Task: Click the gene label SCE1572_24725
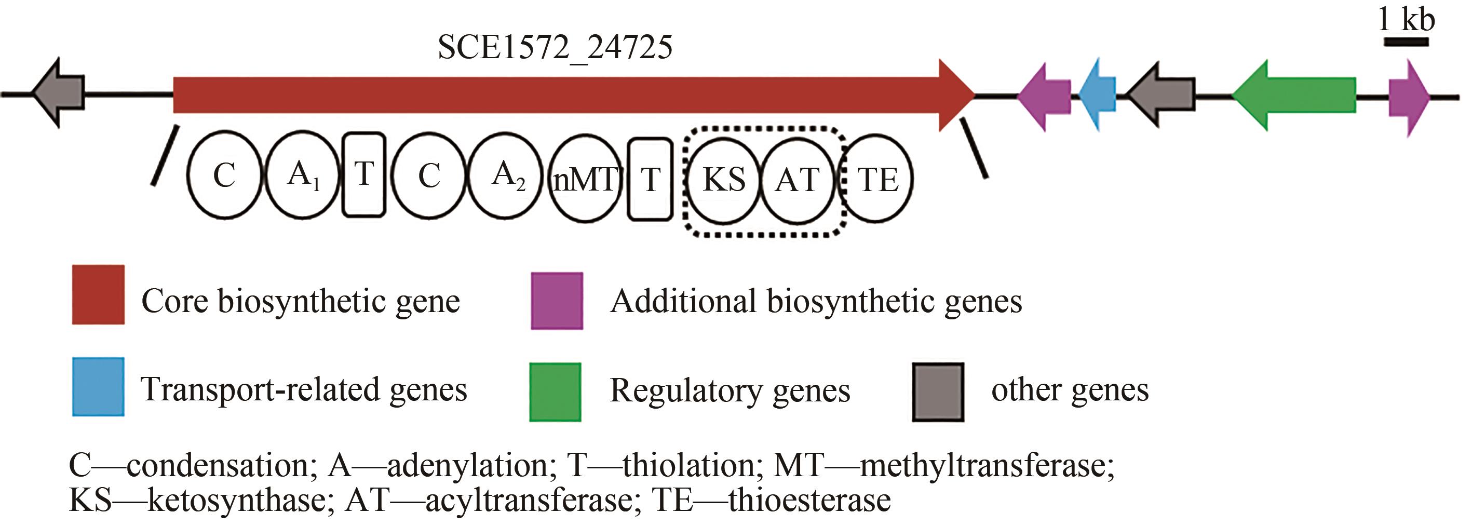click(555, 47)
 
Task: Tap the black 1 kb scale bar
click(1406, 42)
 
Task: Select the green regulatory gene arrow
click(1297, 96)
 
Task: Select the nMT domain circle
click(585, 179)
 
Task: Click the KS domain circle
click(723, 180)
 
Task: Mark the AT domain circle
click(798, 180)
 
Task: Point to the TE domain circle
click(876, 179)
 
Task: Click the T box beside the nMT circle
click(650, 179)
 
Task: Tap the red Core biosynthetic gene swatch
click(98, 294)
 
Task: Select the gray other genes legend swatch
click(938, 392)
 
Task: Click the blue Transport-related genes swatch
click(98, 386)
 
